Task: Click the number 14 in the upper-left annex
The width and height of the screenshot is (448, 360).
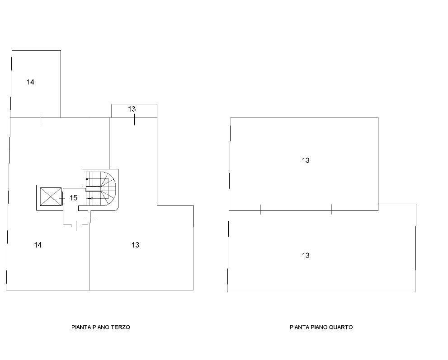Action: [x=30, y=82]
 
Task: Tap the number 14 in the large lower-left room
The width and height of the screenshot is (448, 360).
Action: [x=38, y=245]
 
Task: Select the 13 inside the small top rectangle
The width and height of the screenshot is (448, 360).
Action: [x=132, y=109]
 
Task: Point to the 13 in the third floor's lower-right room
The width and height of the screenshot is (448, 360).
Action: [x=136, y=245]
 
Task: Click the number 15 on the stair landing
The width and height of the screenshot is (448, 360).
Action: [x=73, y=198]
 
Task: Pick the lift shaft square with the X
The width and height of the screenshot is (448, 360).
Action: [x=51, y=196]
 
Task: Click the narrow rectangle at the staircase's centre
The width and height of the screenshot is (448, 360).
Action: [x=94, y=189]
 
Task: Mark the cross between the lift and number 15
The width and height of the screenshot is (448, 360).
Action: [x=62, y=198]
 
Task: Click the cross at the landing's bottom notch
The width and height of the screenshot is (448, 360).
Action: [x=76, y=226]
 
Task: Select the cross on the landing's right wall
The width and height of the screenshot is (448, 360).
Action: [x=90, y=217]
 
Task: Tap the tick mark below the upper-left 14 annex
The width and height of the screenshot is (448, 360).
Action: [x=40, y=119]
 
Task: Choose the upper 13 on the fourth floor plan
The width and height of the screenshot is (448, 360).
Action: [x=306, y=160]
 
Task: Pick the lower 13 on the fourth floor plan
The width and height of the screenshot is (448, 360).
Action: [x=306, y=256]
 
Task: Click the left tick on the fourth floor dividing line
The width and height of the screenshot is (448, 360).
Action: [x=260, y=210]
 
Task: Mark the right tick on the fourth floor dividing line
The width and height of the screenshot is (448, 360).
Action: [x=331, y=210]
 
